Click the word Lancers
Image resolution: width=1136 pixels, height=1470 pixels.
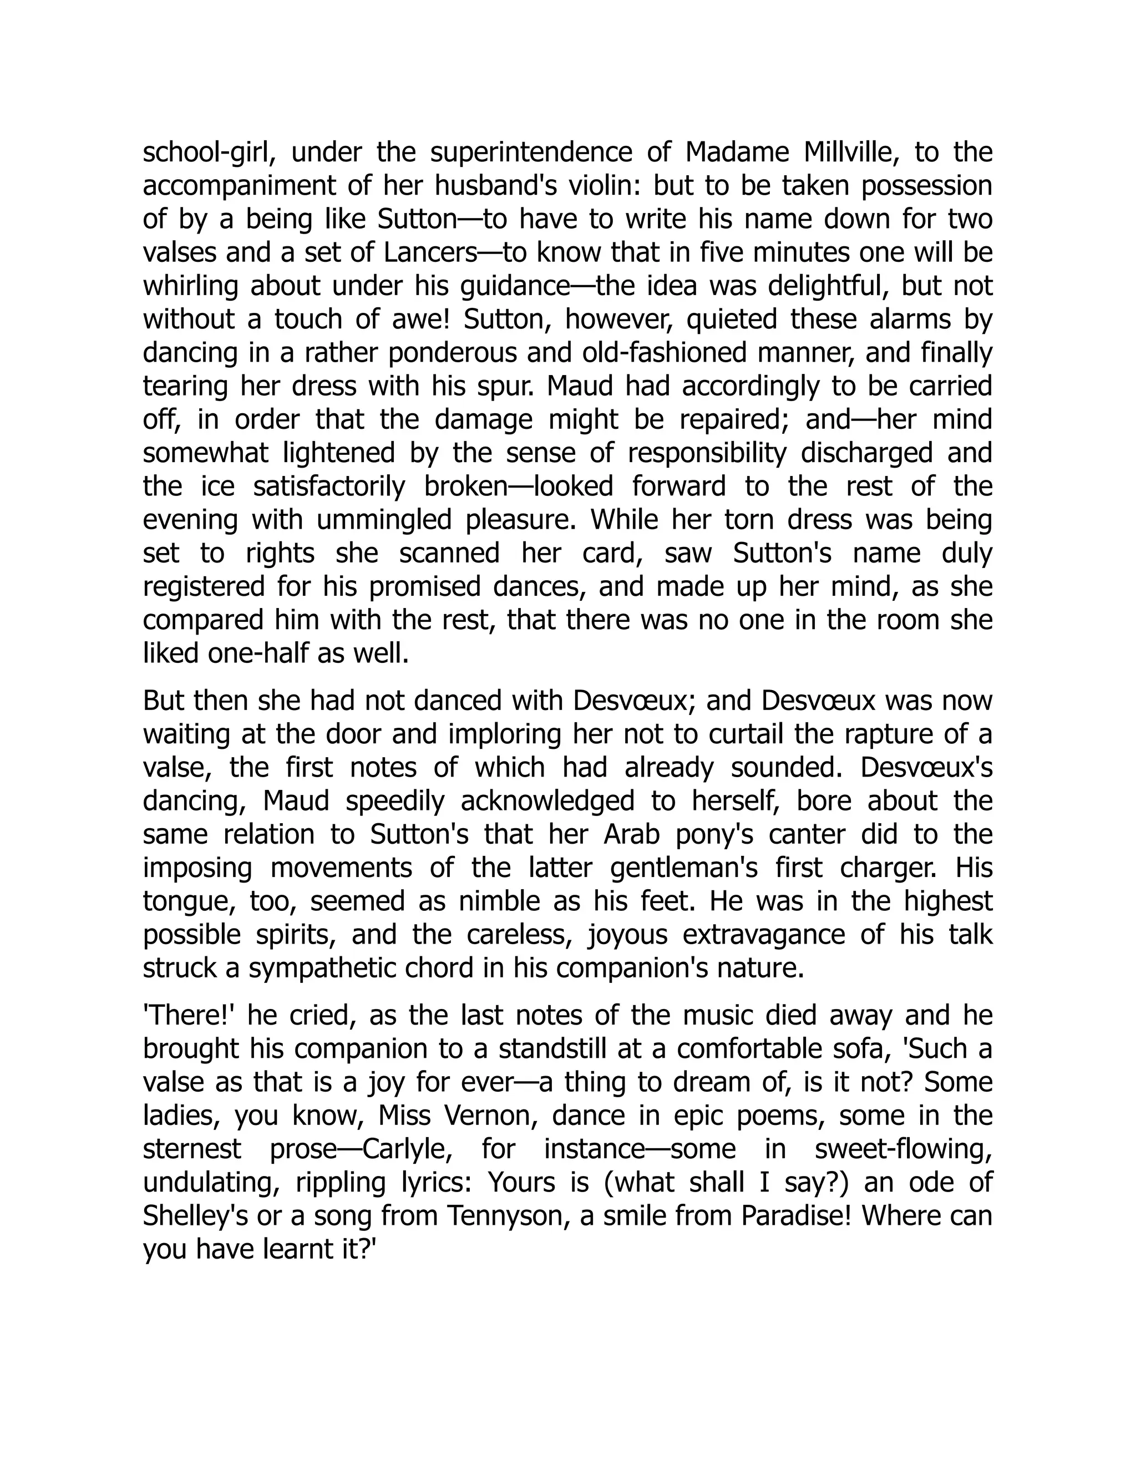[430, 253]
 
